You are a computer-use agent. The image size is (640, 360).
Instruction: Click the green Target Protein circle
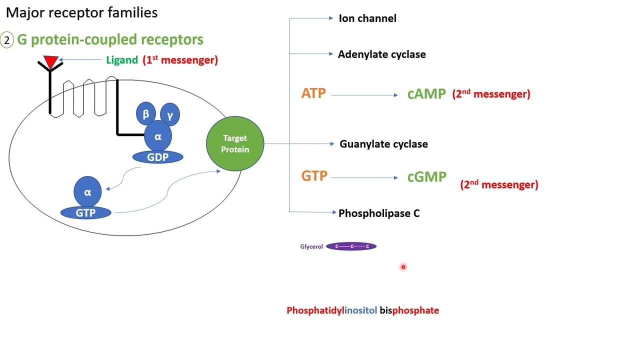point(235,144)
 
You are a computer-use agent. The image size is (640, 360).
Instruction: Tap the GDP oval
point(157,157)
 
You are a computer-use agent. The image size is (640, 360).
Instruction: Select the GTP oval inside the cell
point(86,212)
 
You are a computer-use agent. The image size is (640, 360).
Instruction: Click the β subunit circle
point(146,114)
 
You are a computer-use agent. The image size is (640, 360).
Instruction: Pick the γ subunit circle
point(170,115)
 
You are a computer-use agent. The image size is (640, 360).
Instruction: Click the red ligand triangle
point(51,61)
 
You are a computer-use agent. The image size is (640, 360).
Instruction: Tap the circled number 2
point(7,40)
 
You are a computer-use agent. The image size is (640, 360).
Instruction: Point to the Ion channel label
point(367,18)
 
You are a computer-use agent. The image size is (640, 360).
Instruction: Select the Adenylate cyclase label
point(381,54)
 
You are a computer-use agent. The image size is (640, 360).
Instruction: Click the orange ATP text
point(313,93)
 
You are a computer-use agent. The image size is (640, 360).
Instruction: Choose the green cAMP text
point(426,94)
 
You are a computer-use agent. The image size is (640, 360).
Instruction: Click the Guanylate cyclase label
point(383,144)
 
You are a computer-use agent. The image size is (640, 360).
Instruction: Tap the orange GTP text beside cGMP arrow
point(314,176)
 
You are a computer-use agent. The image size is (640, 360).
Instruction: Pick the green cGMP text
point(426,177)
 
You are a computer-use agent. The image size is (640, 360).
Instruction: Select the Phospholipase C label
point(379,213)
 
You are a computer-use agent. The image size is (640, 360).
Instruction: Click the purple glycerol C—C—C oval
point(351,246)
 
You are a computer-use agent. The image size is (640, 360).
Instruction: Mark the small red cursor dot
point(403,267)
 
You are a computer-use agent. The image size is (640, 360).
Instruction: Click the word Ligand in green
point(121,60)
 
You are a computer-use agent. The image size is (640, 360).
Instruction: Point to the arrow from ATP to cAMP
point(364,95)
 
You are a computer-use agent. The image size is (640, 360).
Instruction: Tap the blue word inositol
point(360,310)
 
